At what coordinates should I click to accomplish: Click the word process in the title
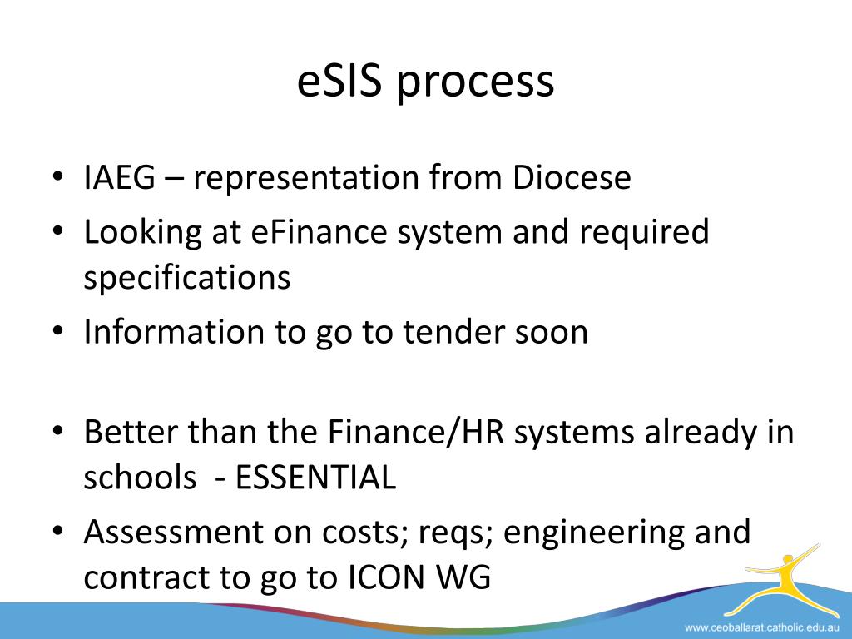coord(475,83)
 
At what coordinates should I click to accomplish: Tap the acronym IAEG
coord(119,179)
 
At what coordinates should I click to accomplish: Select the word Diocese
coord(572,179)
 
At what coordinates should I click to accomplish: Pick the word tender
coord(454,333)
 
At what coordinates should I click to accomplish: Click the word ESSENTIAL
coord(316,478)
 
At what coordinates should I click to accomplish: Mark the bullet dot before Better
coord(57,433)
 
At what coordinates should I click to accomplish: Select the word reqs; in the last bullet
coord(453,532)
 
